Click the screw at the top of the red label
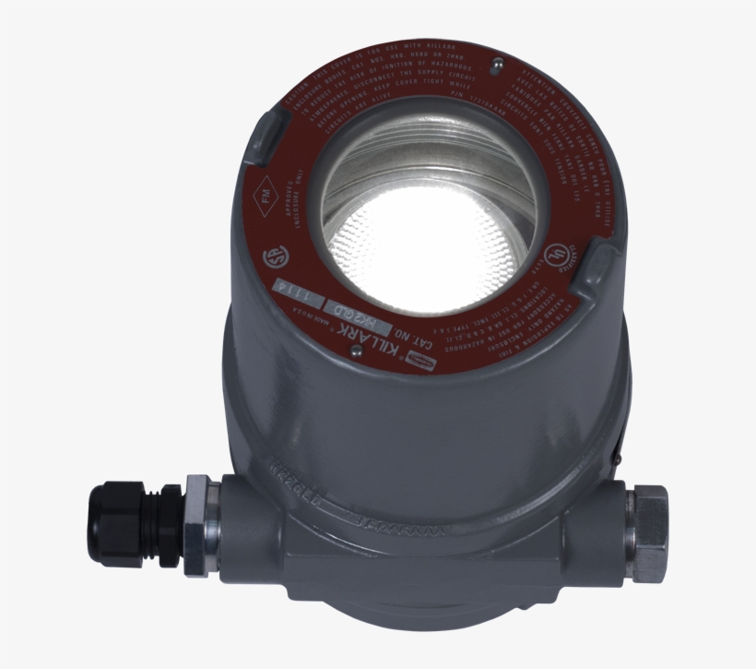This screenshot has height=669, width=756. (x=497, y=66)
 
